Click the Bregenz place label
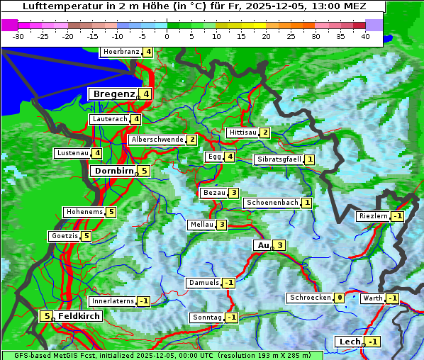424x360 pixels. pyautogui.click(x=112, y=94)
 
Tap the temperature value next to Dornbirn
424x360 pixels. pyautogui.click(x=143, y=171)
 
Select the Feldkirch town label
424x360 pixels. pyautogui.click(x=78, y=315)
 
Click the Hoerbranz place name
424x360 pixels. pyautogui.click(x=120, y=52)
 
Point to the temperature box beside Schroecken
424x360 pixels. pyautogui.click(x=340, y=298)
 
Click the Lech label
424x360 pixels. pyautogui.click(x=350, y=342)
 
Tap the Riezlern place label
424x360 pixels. pyautogui.click(x=373, y=215)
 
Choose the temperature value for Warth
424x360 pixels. pyautogui.click(x=392, y=298)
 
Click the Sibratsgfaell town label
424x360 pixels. pyautogui.click(x=279, y=159)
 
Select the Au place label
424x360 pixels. pyautogui.click(x=262, y=245)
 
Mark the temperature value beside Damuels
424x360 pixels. pyautogui.click(x=228, y=283)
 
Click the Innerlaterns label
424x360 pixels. pyautogui.click(x=113, y=301)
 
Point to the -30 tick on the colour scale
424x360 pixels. pyautogui.click(x=18, y=35)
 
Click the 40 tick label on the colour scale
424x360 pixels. pyautogui.click(x=365, y=35)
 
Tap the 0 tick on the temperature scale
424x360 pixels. pyautogui.click(x=167, y=35)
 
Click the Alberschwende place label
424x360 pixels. pyautogui.click(x=157, y=140)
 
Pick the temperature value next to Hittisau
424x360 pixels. pyautogui.click(x=265, y=133)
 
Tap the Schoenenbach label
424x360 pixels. pyautogui.click(x=272, y=203)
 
